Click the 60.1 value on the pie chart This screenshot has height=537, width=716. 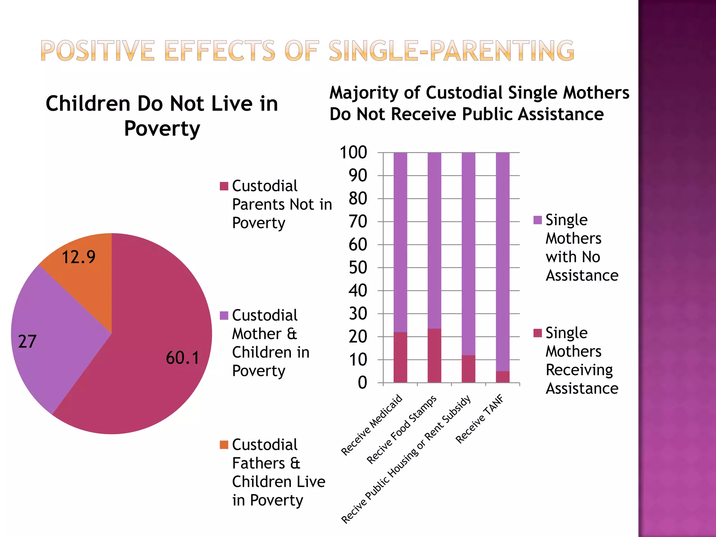[x=182, y=358]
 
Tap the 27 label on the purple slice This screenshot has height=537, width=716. [x=27, y=342]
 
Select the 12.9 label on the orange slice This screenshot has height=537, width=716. [x=78, y=257]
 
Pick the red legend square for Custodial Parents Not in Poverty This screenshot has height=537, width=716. [x=224, y=186]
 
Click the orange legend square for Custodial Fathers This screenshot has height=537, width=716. [x=224, y=445]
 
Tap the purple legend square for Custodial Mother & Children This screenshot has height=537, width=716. [x=224, y=315]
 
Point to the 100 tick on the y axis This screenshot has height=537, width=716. [x=353, y=152]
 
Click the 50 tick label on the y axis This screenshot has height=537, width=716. [x=358, y=267]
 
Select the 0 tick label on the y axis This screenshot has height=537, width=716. [x=362, y=382]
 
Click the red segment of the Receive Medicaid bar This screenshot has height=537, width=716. [x=400, y=357]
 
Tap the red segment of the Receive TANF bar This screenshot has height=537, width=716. [x=502, y=377]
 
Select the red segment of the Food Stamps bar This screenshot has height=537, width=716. [x=434, y=356]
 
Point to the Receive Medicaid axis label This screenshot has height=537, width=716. [x=372, y=425]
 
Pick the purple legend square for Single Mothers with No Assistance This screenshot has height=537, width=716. [x=537, y=220]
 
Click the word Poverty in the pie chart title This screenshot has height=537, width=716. [x=162, y=128]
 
